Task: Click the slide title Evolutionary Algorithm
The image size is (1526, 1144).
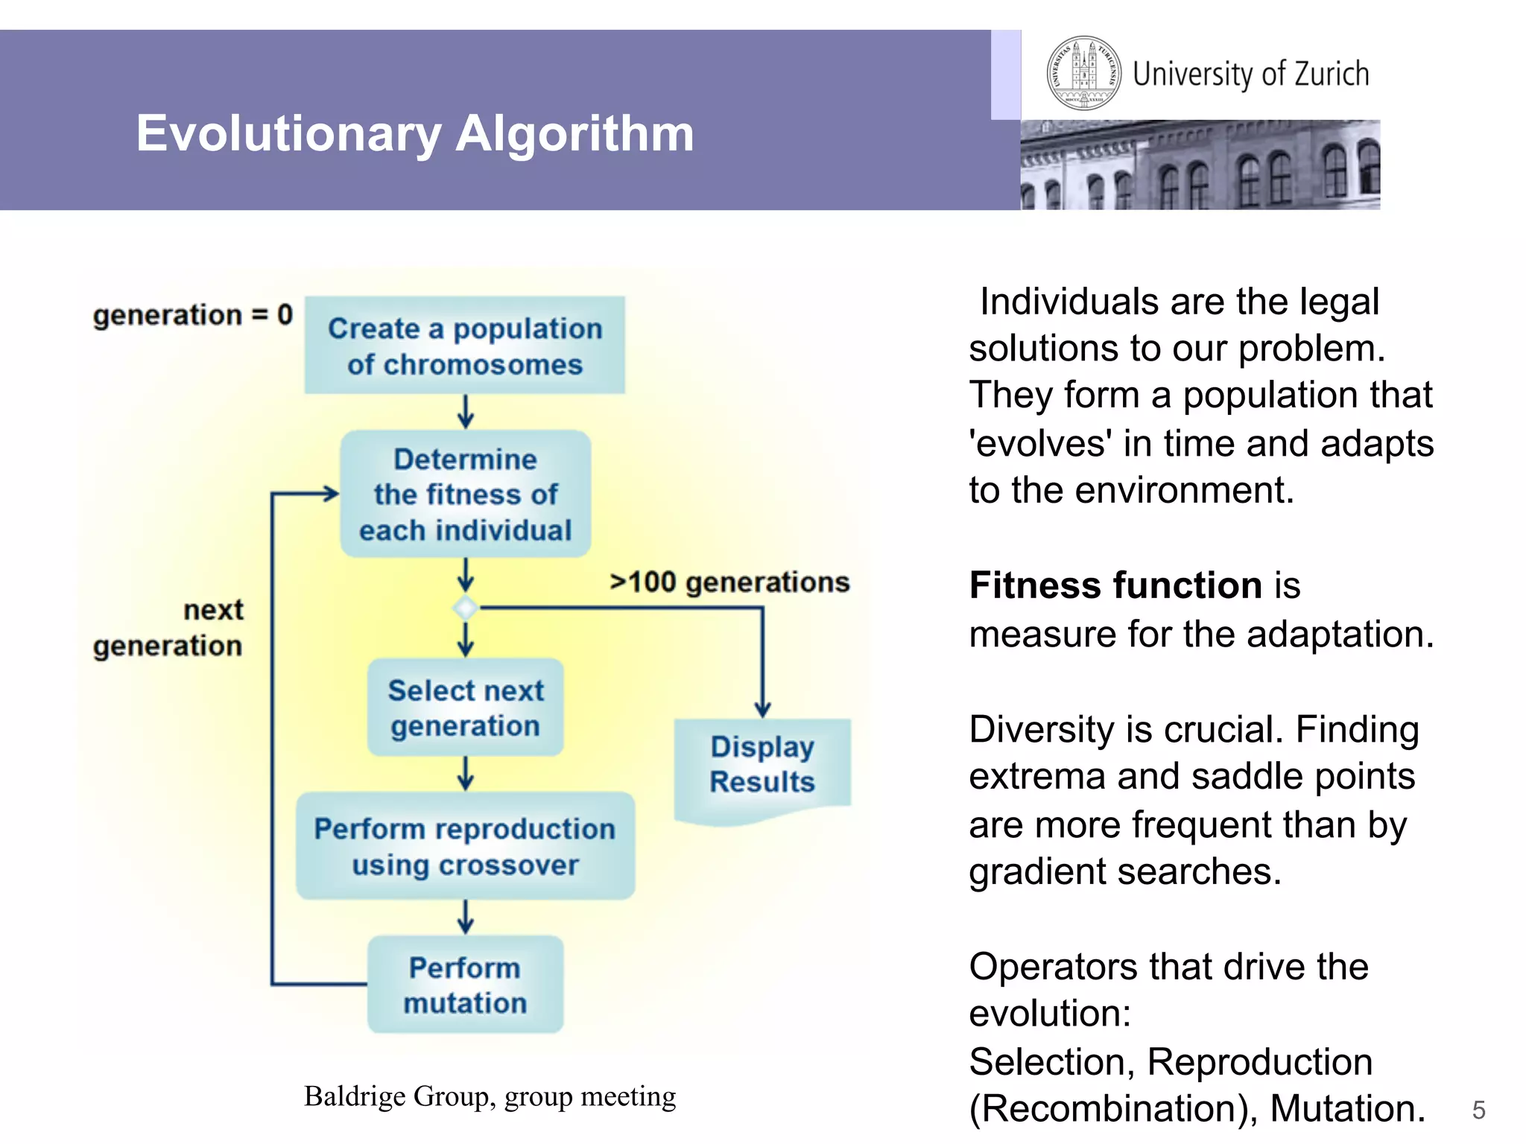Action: pyautogui.click(x=414, y=134)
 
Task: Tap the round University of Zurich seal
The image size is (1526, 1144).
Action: pyautogui.click(x=1083, y=73)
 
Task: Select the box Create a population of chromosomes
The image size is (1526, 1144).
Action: pyautogui.click(x=465, y=346)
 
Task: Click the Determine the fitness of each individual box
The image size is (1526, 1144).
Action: pyautogui.click(x=465, y=494)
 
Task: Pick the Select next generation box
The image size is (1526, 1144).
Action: pyautogui.click(x=465, y=708)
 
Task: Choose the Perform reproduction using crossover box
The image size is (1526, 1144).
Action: pyautogui.click(x=465, y=846)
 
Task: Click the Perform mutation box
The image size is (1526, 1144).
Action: pyautogui.click(x=465, y=985)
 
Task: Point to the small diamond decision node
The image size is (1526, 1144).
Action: pyautogui.click(x=466, y=608)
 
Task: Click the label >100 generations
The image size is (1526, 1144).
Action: pyautogui.click(x=729, y=582)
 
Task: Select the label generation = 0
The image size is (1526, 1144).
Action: pyautogui.click(x=192, y=315)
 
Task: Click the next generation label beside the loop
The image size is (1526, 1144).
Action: pyautogui.click(x=169, y=628)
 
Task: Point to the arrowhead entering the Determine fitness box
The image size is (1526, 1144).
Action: pyautogui.click(x=330, y=493)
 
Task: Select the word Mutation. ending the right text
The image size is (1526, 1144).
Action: pyautogui.click(x=1347, y=1108)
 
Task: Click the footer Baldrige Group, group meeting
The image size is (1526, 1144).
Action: pyautogui.click(x=490, y=1096)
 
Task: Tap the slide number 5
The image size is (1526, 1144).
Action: pyautogui.click(x=1478, y=1110)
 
